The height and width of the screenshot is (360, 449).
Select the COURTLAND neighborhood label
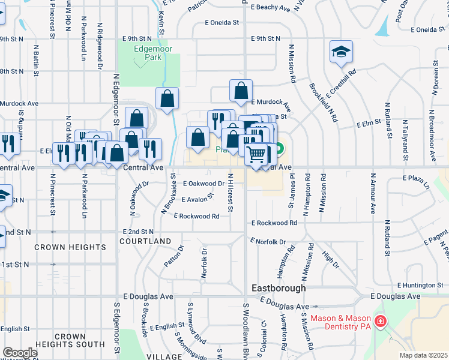click(x=146, y=241)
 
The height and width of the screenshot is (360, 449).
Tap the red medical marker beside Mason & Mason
click(x=379, y=322)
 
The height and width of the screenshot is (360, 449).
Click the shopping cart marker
click(x=256, y=154)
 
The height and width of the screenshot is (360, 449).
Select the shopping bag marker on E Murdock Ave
click(x=241, y=91)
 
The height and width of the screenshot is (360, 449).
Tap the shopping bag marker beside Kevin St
click(x=167, y=98)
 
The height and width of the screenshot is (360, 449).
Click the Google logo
click(x=20, y=353)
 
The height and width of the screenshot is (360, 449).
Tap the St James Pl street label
click(x=292, y=192)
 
